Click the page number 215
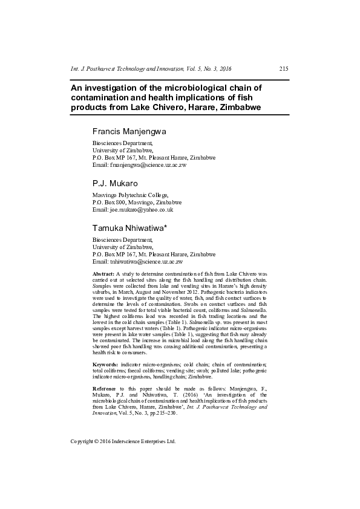(x=284, y=69)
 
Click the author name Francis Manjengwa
(x=130, y=131)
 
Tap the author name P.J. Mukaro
(x=116, y=183)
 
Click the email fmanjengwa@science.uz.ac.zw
(x=148, y=164)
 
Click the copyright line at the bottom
(x=123, y=441)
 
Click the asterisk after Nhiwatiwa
(x=174, y=226)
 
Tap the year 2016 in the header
(x=233, y=69)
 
